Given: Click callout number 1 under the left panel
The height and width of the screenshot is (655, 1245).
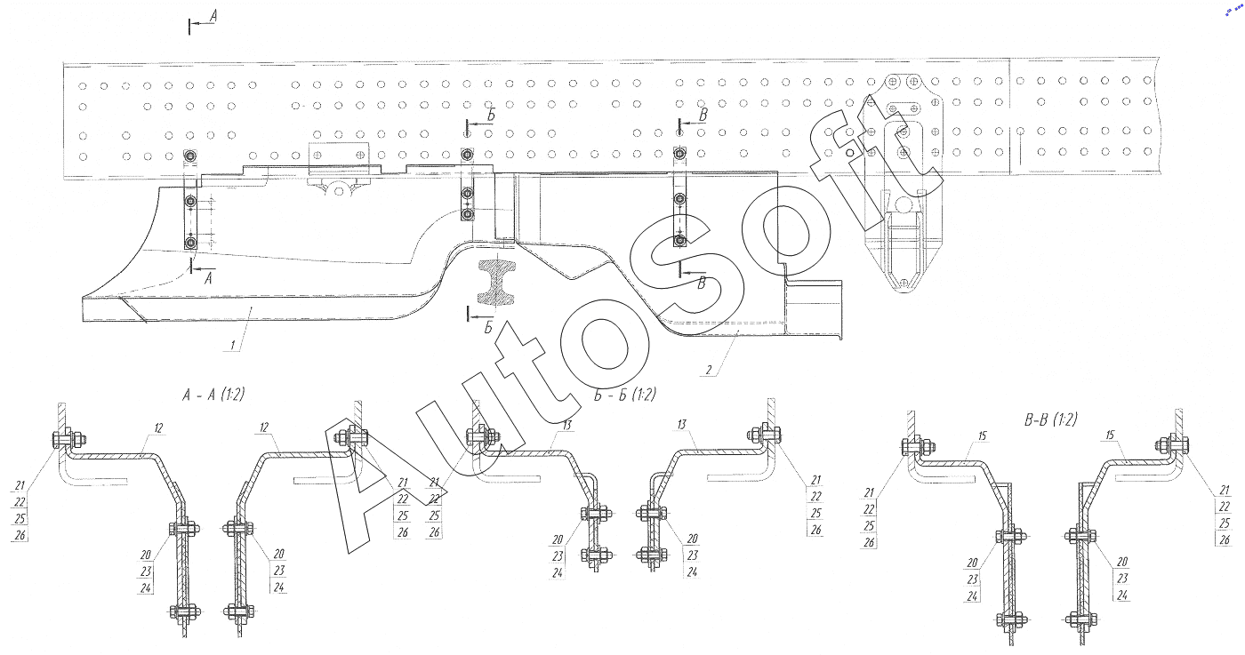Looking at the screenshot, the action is pos(233,345).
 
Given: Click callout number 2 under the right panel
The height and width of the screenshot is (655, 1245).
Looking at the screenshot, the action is pos(709,370).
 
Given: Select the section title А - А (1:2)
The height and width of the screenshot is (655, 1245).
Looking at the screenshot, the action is pos(213,395).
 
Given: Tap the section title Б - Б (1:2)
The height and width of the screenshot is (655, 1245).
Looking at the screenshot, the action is pos(625,395).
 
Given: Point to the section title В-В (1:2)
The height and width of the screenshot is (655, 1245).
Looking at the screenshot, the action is pos(1050,419).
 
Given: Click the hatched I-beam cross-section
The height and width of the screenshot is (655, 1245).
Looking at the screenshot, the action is pos(496,283).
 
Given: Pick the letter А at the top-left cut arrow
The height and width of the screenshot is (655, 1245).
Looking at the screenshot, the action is pos(213,16).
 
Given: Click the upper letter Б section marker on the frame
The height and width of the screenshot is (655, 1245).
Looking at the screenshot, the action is pos(491,116).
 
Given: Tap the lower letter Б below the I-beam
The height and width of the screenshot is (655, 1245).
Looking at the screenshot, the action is pos(488,328).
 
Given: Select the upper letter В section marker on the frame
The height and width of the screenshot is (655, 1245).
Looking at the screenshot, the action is pos(703,115).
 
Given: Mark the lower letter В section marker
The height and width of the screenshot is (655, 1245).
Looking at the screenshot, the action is pos(702,284).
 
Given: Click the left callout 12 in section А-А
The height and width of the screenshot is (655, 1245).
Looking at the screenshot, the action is pos(159,428).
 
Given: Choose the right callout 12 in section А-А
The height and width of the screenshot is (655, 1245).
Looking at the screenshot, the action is pos(264,427).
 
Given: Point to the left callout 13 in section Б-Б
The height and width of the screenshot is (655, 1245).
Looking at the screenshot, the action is pos(566,426).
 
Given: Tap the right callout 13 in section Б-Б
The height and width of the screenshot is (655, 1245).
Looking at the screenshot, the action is pos(682,425).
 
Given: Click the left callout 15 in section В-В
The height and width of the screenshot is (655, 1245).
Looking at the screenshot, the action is pos(982,436).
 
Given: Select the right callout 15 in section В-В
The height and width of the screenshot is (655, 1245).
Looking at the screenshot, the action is pos(1111,435).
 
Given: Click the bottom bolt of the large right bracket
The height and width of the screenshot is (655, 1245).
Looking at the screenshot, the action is pos(904,284).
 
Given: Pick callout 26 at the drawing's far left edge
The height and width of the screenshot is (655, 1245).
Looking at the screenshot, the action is pos(20,536).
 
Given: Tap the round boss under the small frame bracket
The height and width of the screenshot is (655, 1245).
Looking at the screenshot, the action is pos(339,190).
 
